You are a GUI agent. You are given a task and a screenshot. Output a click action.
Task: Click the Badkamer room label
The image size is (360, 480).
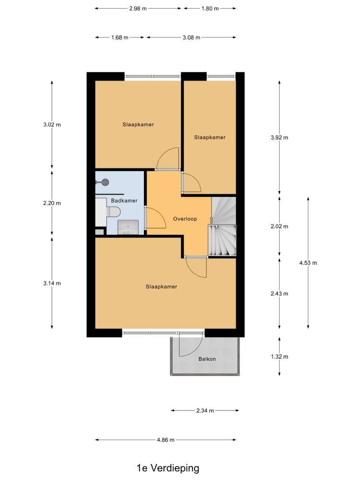coord(124,201)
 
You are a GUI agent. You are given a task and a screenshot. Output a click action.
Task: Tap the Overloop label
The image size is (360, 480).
coord(185,219)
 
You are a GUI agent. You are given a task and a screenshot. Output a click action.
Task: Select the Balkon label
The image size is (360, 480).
coord(207,359)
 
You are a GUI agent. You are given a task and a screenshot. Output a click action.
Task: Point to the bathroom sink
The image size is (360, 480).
coord(128,228)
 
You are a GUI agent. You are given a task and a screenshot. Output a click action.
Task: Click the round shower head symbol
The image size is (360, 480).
coord(105,182)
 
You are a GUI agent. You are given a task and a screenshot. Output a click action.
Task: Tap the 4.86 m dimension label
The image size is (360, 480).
coord(166,440)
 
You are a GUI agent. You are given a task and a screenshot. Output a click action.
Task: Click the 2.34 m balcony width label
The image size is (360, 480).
coord(205,410)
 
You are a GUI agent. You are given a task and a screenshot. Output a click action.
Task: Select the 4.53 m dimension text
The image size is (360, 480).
coord(308,263)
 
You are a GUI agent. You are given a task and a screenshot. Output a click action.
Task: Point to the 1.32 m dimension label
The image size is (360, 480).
coord(279,357)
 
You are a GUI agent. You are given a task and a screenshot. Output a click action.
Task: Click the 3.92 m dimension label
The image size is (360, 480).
coord(279,137)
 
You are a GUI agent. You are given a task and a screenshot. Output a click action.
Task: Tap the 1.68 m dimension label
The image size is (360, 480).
coord(120,37)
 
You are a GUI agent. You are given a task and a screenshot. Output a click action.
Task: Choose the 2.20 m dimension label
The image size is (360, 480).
coord(52,203)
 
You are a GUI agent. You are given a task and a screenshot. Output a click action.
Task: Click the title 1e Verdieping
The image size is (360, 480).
coord(168,468)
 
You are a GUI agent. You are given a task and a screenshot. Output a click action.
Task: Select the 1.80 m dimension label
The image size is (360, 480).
coord(210,9)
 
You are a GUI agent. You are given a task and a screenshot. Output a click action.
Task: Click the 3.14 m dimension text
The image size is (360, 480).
coord(52,283)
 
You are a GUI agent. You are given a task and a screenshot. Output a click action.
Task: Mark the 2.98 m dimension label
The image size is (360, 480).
coord(138,9)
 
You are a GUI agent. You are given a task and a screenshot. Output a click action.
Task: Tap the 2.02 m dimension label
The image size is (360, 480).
coord(279,227)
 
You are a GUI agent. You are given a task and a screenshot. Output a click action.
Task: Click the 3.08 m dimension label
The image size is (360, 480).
coord(192,37)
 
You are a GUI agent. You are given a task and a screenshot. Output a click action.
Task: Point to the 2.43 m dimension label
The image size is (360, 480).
coord(279,294)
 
